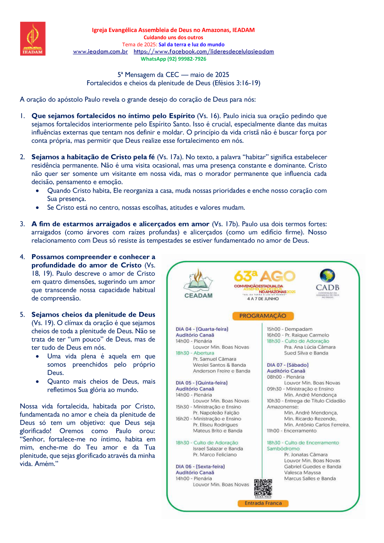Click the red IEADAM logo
click(x=33, y=39)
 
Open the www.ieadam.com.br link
click(x=100, y=52)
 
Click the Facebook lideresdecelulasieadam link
click(x=204, y=52)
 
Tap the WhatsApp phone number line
click(x=173, y=59)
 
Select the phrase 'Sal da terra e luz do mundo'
click(x=191, y=44)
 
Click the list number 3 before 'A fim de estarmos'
click(x=22, y=224)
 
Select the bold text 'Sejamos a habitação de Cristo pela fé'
click(x=93, y=157)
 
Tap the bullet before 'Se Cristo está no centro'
click(x=38, y=208)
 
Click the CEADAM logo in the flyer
click(x=198, y=284)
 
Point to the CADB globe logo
click(x=327, y=276)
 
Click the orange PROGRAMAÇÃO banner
click(x=263, y=316)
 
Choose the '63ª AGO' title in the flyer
click(x=265, y=276)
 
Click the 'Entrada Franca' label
click(x=263, y=503)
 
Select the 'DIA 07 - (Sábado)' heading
click(x=288, y=365)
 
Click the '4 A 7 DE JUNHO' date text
click(x=263, y=299)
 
